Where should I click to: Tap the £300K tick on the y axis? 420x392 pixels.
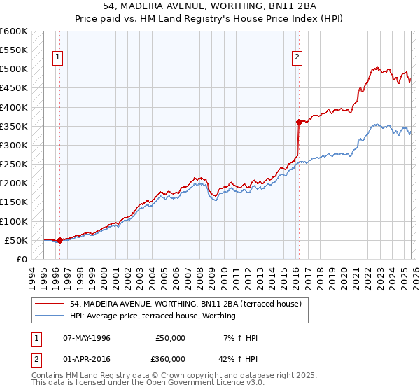point(13,145)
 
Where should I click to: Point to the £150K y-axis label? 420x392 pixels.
point(13,202)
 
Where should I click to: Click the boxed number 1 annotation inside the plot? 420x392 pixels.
point(57,57)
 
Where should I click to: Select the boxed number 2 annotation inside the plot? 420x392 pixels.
point(297,57)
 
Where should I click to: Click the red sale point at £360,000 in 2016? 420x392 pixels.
point(299,122)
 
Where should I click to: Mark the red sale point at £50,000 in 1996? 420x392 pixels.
point(59,240)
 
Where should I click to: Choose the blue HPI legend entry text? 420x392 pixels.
point(153,316)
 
